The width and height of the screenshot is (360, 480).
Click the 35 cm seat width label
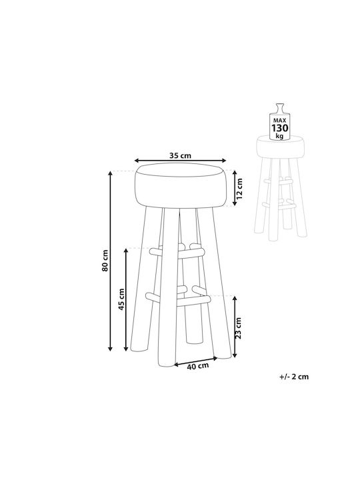click(180, 155)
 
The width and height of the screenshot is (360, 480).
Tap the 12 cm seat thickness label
click(239, 188)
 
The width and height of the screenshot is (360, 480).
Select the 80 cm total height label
click(105, 261)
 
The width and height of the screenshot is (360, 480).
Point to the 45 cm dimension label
click(122, 299)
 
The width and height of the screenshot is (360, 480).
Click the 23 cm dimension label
click(239, 328)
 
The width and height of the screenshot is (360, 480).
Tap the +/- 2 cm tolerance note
click(294, 377)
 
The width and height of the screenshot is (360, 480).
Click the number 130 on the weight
click(280, 128)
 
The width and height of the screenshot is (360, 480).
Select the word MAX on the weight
click(279, 121)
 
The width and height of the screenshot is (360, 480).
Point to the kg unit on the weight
click(279, 136)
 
